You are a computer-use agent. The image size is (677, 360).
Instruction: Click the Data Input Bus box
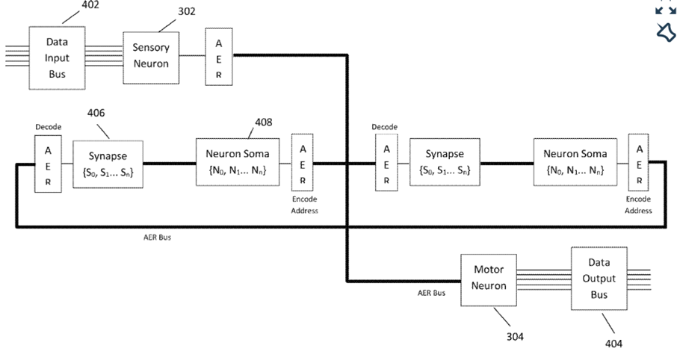pyautogui.click(x=57, y=58)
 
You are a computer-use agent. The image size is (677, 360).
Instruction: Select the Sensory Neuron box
pyautogui.click(x=151, y=55)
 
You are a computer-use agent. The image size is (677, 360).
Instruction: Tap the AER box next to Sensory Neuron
pyautogui.click(x=218, y=58)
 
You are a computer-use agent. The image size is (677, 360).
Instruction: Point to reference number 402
pyautogui.click(x=90, y=5)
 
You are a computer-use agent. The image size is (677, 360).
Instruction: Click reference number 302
pyautogui.click(x=187, y=11)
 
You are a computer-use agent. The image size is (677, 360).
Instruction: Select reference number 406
pyautogui.click(x=96, y=113)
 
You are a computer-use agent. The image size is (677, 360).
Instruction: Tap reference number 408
pyautogui.click(x=263, y=122)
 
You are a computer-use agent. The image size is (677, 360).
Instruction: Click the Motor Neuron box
pyautogui.click(x=489, y=279)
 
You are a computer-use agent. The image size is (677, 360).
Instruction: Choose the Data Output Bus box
pyautogui.click(x=599, y=279)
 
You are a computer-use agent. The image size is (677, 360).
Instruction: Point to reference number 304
pyautogui.click(x=515, y=337)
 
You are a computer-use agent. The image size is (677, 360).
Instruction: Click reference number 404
pyautogui.click(x=613, y=344)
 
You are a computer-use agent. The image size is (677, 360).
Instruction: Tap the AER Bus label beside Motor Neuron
pyautogui.click(x=431, y=293)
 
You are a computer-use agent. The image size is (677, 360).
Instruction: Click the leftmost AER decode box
pyautogui.click(x=48, y=166)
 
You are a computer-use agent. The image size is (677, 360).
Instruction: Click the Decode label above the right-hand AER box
pyautogui.click(x=385, y=127)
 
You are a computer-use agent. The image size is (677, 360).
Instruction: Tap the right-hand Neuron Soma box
pyautogui.click(x=575, y=162)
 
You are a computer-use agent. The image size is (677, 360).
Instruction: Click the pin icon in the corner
pyautogui.click(x=665, y=32)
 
